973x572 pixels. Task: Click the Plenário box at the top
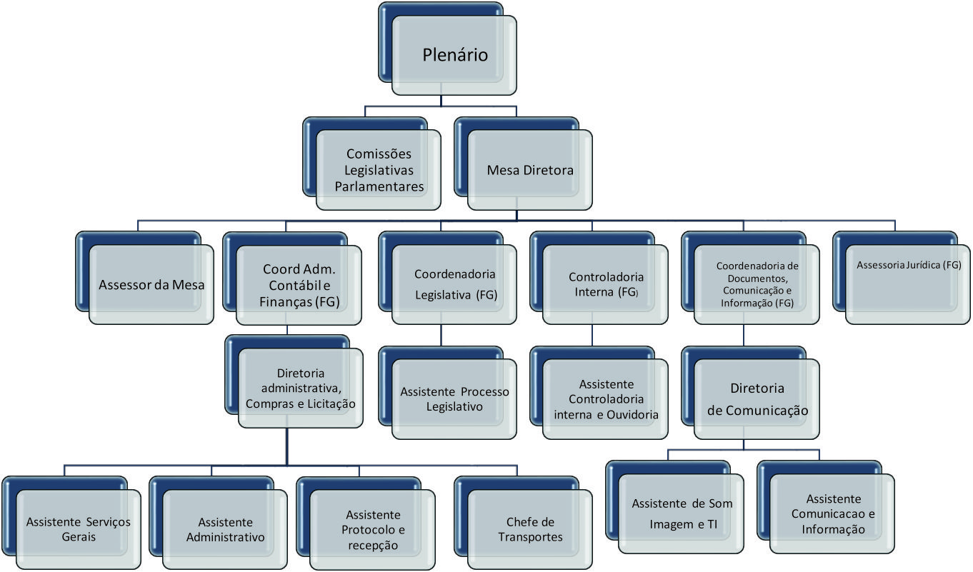coord(454,55)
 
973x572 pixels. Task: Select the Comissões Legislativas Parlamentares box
coord(379,170)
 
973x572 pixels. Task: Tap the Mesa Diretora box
coord(530,170)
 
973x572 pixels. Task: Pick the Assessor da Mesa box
coord(151,285)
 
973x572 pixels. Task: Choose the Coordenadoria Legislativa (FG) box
coord(455,284)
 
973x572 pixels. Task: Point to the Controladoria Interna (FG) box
coord(606,285)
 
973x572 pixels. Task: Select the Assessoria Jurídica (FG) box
coord(908,266)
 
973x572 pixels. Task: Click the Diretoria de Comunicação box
coord(757,399)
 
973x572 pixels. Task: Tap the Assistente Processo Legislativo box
coord(454,399)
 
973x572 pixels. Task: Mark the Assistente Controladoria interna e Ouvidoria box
coord(606,399)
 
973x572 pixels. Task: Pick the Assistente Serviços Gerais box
coord(79,529)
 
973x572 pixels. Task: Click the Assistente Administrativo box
coord(225,529)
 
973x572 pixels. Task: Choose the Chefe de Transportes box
coord(530,529)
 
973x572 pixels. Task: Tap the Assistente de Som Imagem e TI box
coord(682,513)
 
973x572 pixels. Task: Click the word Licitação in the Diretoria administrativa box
coord(330,403)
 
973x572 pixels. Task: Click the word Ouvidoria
coord(634,414)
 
